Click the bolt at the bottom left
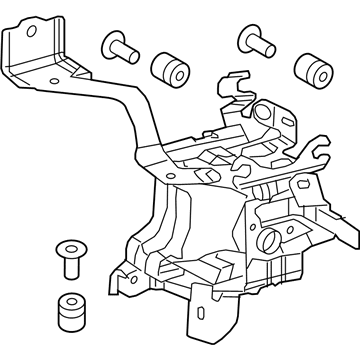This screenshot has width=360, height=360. pos(69,261)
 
